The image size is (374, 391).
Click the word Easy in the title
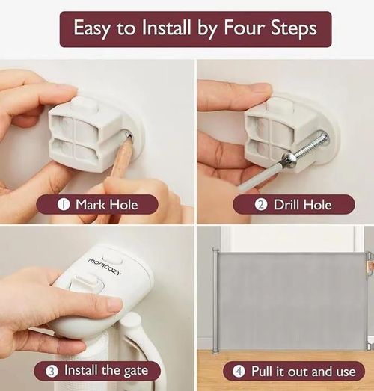[x=92, y=28]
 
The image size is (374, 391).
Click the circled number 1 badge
[x=64, y=205]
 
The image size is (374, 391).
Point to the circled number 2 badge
[x=261, y=205]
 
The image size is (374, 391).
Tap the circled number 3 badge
[x=52, y=371]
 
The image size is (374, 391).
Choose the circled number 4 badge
[x=239, y=372]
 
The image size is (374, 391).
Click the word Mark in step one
[x=91, y=205]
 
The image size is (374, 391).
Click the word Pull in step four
[x=262, y=371]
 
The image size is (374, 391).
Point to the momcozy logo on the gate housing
[x=105, y=267]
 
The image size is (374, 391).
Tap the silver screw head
[x=286, y=160]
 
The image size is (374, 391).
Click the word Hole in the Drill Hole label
[x=317, y=205]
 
